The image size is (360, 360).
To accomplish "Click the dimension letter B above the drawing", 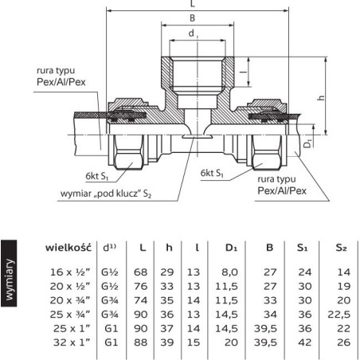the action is click(x=193, y=18).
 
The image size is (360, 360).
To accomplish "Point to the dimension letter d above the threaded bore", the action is click(x=191, y=33).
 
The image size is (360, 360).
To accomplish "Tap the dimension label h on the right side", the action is click(x=321, y=98).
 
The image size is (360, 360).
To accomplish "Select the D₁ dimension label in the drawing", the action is click(x=307, y=143).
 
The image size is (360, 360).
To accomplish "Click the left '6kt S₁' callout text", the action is click(x=97, y=176).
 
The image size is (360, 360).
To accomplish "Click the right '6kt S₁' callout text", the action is click(x=212, y=173).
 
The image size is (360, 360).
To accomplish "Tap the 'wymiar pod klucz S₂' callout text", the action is click(x=106, y=194).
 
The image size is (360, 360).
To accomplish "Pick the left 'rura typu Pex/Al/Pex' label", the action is click(x=61, y=76).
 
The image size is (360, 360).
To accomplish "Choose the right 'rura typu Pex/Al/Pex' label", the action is click(x=282, y=185).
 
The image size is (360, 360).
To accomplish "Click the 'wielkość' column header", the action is click(x=68, y=248).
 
